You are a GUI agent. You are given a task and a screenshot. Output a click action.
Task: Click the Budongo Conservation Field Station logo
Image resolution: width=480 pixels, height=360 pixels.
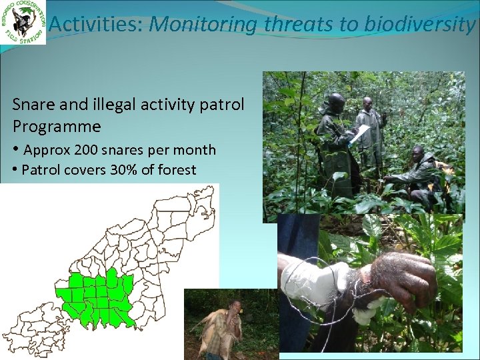(x=23, y=23)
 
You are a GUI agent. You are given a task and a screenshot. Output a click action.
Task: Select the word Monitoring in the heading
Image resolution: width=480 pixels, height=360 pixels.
(x=202, y=25)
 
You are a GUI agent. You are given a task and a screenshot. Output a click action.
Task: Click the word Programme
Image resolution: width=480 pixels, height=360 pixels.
(x=57, y=126)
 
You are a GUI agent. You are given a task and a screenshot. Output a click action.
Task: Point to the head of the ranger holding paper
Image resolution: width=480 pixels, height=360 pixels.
(x=336, y=103)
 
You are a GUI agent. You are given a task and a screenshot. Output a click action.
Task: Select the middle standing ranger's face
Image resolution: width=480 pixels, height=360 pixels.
(x=367, y=105)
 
